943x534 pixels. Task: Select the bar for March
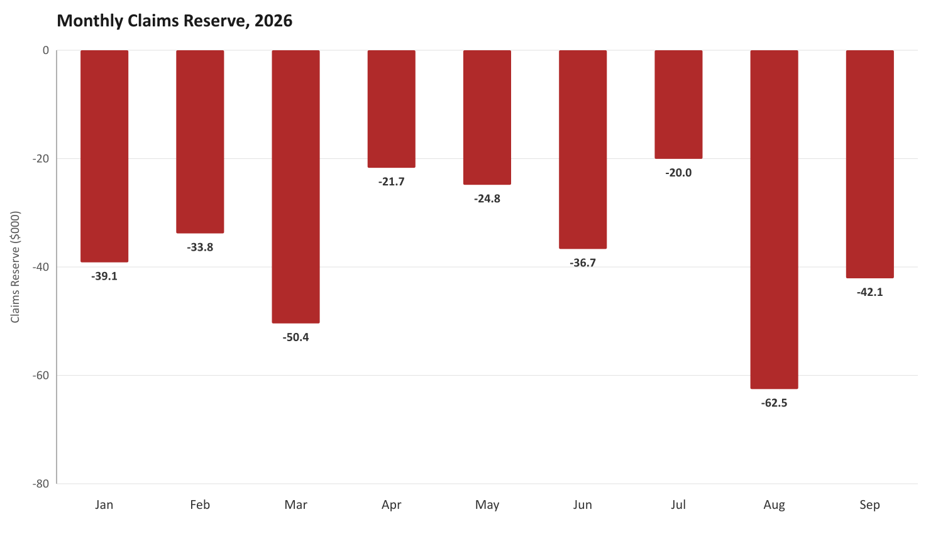295,187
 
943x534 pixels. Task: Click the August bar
774,220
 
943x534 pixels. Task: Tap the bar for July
678,104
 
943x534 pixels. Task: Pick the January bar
104,156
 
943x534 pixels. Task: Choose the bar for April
391,109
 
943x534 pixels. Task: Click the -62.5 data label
774,403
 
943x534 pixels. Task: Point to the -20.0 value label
678,173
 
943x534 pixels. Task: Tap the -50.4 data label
295,337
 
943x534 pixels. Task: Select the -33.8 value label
200,248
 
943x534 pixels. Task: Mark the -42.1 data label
869,292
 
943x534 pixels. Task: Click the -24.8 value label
487,199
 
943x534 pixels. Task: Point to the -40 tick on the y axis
41,267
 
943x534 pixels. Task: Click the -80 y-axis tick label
41,484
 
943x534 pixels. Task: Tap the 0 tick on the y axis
46,50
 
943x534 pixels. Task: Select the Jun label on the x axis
583,504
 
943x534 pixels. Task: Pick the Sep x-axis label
869,504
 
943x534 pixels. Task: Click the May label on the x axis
487,505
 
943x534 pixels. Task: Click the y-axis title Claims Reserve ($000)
15,267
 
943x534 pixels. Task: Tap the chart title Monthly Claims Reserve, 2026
174,21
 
